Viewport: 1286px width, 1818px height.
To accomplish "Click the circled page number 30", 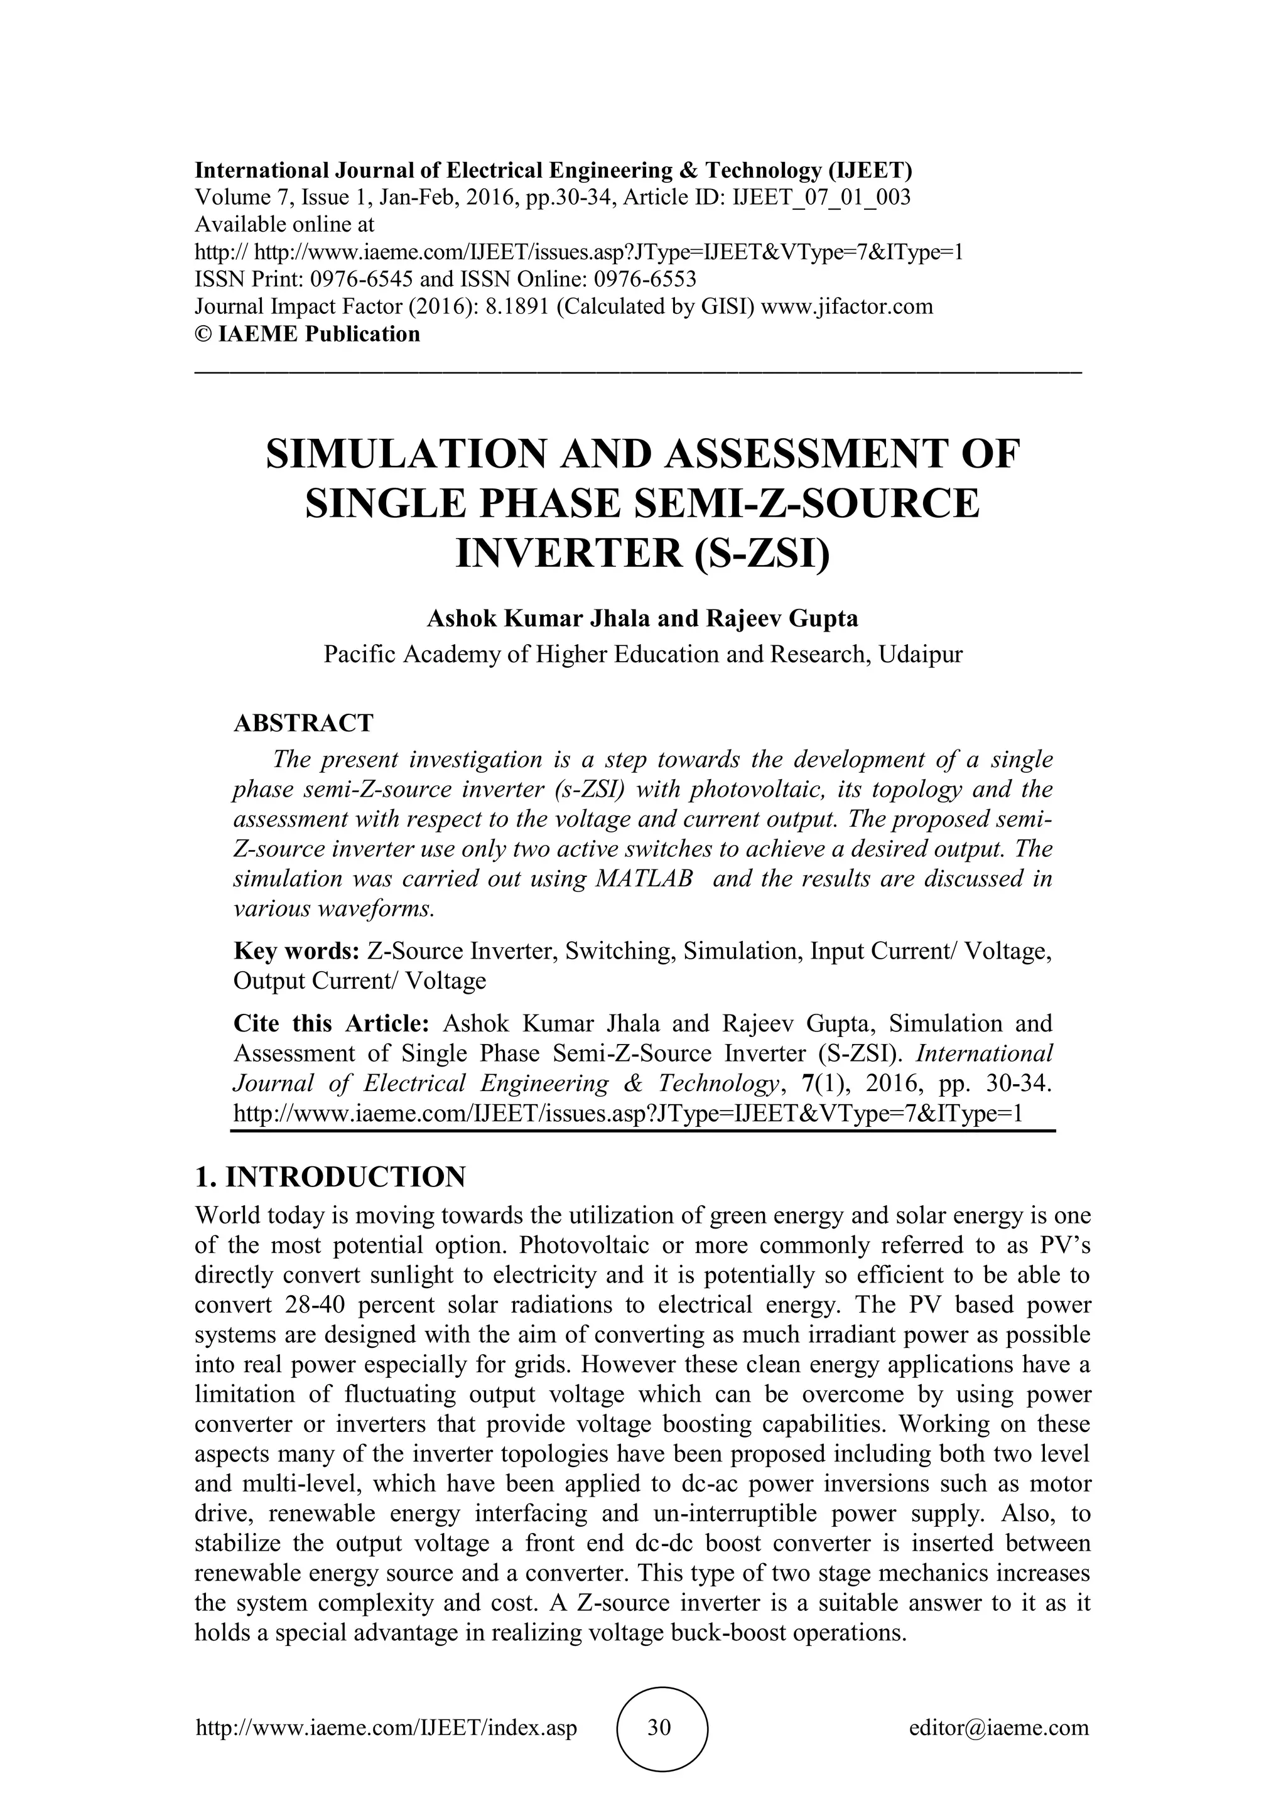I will (659, 1728).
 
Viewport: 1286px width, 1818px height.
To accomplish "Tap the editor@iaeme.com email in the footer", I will (998, 1728).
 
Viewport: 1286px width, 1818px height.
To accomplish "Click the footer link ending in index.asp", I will (386, 1728).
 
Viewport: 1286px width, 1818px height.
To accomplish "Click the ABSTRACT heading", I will (303, 723).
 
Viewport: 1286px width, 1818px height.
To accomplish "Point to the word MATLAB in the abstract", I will (643, 879).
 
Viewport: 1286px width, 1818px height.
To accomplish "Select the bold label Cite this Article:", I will (331, 1024).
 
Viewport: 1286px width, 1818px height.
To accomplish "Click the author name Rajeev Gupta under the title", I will (782, 618).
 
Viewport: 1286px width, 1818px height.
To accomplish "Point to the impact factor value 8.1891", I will (517, 306).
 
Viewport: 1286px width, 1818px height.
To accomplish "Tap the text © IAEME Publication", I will (307, 334).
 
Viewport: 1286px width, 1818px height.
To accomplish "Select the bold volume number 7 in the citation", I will (809, 1083).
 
